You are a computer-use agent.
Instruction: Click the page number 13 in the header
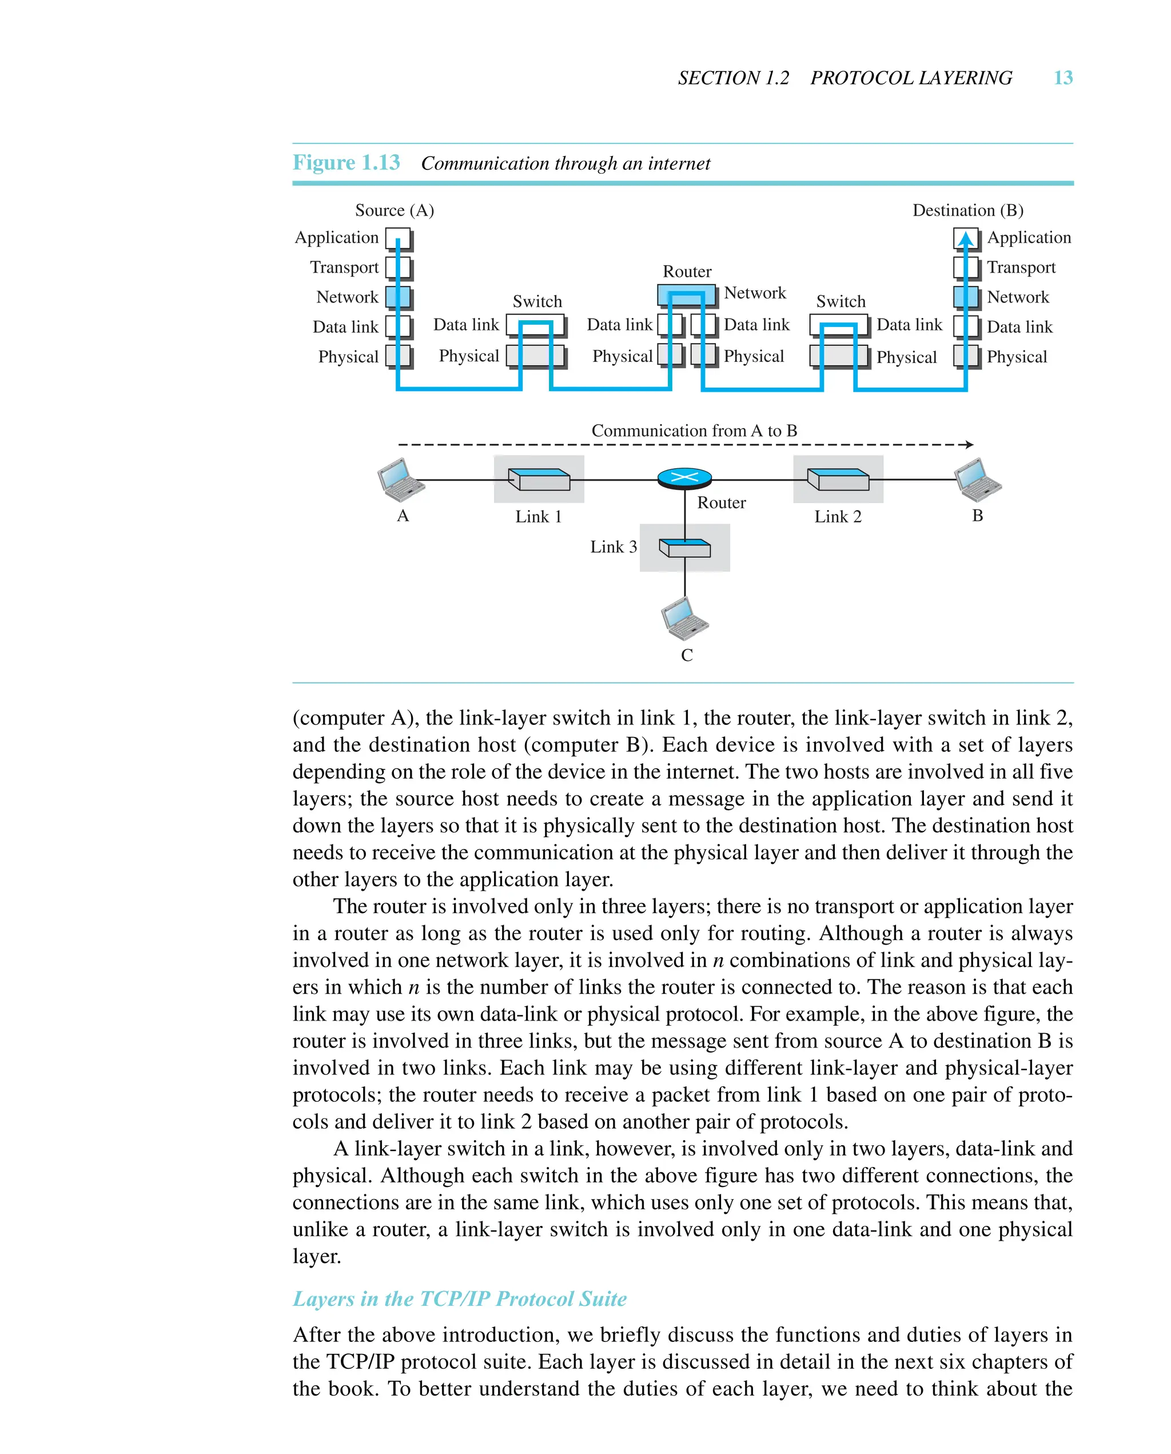pyautogui.click(x=1062, y=78)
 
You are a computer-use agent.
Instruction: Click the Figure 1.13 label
pyautogui.click(x=346, y=163)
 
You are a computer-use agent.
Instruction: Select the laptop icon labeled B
pyautogui.click(x=978, y=480)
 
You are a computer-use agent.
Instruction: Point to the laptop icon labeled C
pyautogui.click(x=684, y=619)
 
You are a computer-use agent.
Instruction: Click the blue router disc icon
pyautogui.click(x=684, y=478)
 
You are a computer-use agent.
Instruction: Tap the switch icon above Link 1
pyautogui.click(x=539, y=480)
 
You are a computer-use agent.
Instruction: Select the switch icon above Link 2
pyautogui.click(x=838, y=480)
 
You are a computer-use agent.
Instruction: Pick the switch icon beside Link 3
pyautogui.click(x=684, y=548)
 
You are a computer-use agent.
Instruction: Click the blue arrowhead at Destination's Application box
pyautogui.click(x=966, y=239)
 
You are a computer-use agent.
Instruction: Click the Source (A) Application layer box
pyautogui.click(x=397, y=238)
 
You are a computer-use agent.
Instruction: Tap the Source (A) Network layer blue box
pyautogui.click(x=397, y=297)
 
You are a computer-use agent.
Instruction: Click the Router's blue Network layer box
pyautogui.click(x=686, y=294)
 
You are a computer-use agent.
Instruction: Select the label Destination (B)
pyautogui.click(x=967, y=210)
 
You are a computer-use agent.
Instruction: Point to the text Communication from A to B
pyautogui.click(x=694, y=431)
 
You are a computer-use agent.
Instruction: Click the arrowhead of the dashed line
pyautogui.click(x=969, y=444)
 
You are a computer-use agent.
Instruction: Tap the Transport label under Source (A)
pyautogui.click(x=344, y=268)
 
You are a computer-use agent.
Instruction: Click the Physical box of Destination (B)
pyautogui.click(x=965, y=356)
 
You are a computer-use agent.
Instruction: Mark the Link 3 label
pyautogui.click(x=613, y=547)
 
